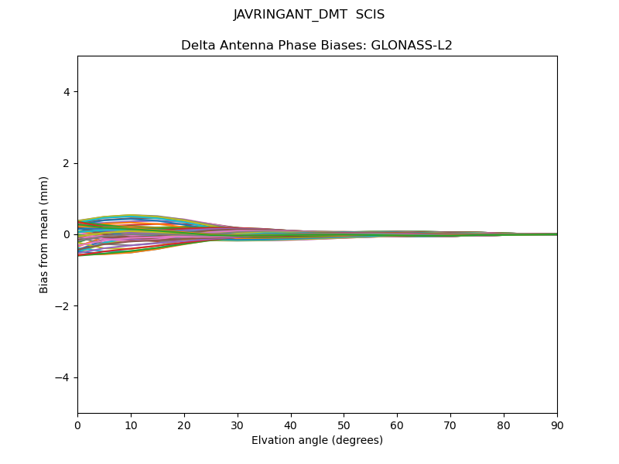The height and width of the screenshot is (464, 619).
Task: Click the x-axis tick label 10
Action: pos(131,425)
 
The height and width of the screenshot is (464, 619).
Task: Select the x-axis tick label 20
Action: pos(184,425)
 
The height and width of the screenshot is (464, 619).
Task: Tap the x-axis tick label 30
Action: pos(238,425)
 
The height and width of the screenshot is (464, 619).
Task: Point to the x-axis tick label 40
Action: pos(291,425)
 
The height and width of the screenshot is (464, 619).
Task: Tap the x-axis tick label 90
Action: pos(557,425)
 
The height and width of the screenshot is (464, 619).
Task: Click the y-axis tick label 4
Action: pos(67,92)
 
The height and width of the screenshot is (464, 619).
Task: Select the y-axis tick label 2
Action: pos(67,163)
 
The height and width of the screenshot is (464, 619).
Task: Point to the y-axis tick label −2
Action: pos(63,306)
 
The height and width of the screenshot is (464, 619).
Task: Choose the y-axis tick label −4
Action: pos(63,377)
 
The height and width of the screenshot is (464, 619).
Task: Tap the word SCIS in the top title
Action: pos(370,15)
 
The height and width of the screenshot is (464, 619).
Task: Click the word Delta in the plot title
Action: pos(197,46)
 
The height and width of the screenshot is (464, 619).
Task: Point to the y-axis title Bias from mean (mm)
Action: pos(45,234)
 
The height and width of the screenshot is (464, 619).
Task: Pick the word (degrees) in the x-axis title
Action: pos(356,441)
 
